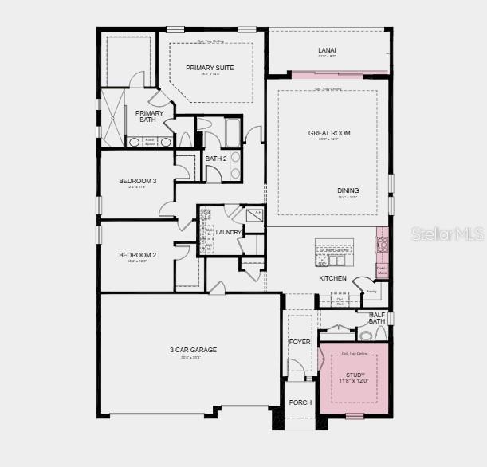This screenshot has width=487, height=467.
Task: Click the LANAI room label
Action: coord(328,49)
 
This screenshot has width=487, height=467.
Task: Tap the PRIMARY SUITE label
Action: coord(210,68)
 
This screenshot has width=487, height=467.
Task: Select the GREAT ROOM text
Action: coord(329,133)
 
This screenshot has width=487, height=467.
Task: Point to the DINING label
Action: coord(348,190)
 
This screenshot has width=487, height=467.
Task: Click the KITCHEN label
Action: coord(332,278)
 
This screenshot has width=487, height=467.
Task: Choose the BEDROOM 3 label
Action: coord(137,181)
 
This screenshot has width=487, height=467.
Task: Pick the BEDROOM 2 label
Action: coord(137,255)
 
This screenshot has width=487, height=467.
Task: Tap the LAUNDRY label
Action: coord(228,232)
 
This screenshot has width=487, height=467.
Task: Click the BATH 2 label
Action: coord(216,159)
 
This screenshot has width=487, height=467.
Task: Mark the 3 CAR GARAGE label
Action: coord(193,349)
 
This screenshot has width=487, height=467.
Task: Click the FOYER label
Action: coord(300,342)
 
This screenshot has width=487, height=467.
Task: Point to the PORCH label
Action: coord(300,402)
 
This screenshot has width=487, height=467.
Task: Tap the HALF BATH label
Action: coord(377,318)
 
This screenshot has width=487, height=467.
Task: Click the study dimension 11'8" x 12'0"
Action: coord(355,382)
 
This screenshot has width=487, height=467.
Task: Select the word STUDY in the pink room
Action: coord(355,374)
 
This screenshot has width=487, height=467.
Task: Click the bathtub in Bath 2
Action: coord(233,132)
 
